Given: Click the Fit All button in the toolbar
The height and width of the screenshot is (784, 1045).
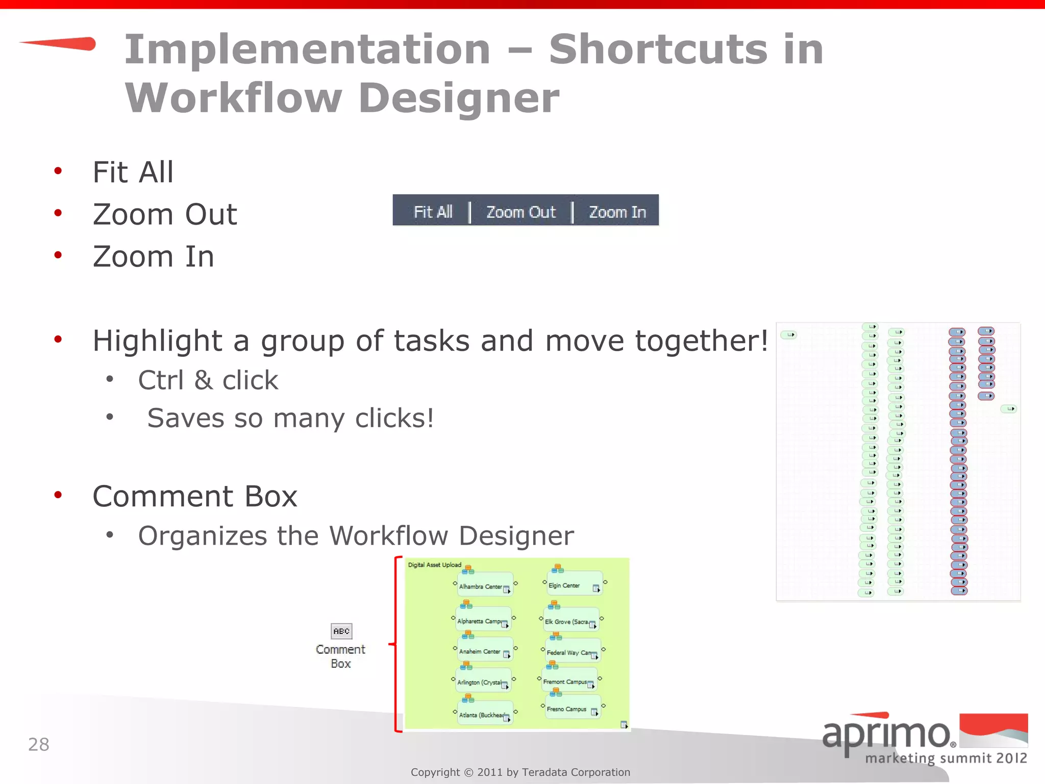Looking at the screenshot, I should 433,211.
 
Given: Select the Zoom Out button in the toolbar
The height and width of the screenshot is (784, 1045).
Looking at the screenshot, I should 520,211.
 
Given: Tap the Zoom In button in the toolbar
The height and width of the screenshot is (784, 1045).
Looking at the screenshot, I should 617,211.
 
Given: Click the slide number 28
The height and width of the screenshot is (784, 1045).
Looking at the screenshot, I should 38,744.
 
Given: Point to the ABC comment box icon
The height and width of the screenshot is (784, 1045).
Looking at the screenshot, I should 341,631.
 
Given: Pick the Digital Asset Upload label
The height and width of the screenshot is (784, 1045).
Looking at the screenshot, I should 434,565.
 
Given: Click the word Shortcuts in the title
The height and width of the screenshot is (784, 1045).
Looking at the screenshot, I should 658,49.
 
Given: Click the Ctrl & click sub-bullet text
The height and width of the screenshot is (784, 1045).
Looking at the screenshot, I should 208,380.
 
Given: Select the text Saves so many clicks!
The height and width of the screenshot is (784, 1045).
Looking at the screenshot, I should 290,418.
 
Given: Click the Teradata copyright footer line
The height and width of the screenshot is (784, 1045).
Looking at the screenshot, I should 520,772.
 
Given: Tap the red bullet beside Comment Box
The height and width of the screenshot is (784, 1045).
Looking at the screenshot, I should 58,495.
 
